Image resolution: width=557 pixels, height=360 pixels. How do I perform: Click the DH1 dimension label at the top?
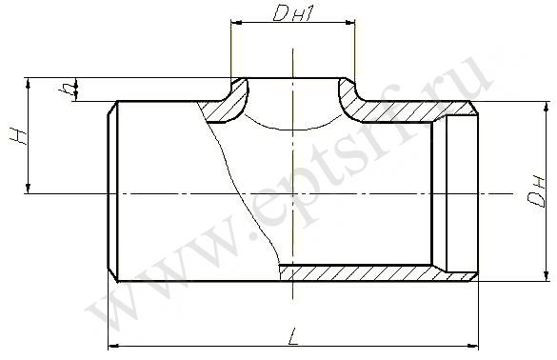click(293, 14)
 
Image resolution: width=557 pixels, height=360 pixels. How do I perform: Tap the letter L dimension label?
click(293, 336)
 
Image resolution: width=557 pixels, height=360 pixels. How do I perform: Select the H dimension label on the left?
click(18, 136)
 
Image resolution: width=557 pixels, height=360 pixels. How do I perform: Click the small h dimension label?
click(66, 90)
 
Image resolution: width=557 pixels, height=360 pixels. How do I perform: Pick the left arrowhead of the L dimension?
click(112, 345)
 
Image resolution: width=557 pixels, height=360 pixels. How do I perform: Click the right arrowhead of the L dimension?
click(474, 345)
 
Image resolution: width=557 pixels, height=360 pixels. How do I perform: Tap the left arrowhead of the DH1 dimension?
click(235, 23)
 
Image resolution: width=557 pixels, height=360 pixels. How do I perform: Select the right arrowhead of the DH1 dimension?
click(350, 23)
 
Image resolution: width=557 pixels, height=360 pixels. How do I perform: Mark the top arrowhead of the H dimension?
click(28, 83)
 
